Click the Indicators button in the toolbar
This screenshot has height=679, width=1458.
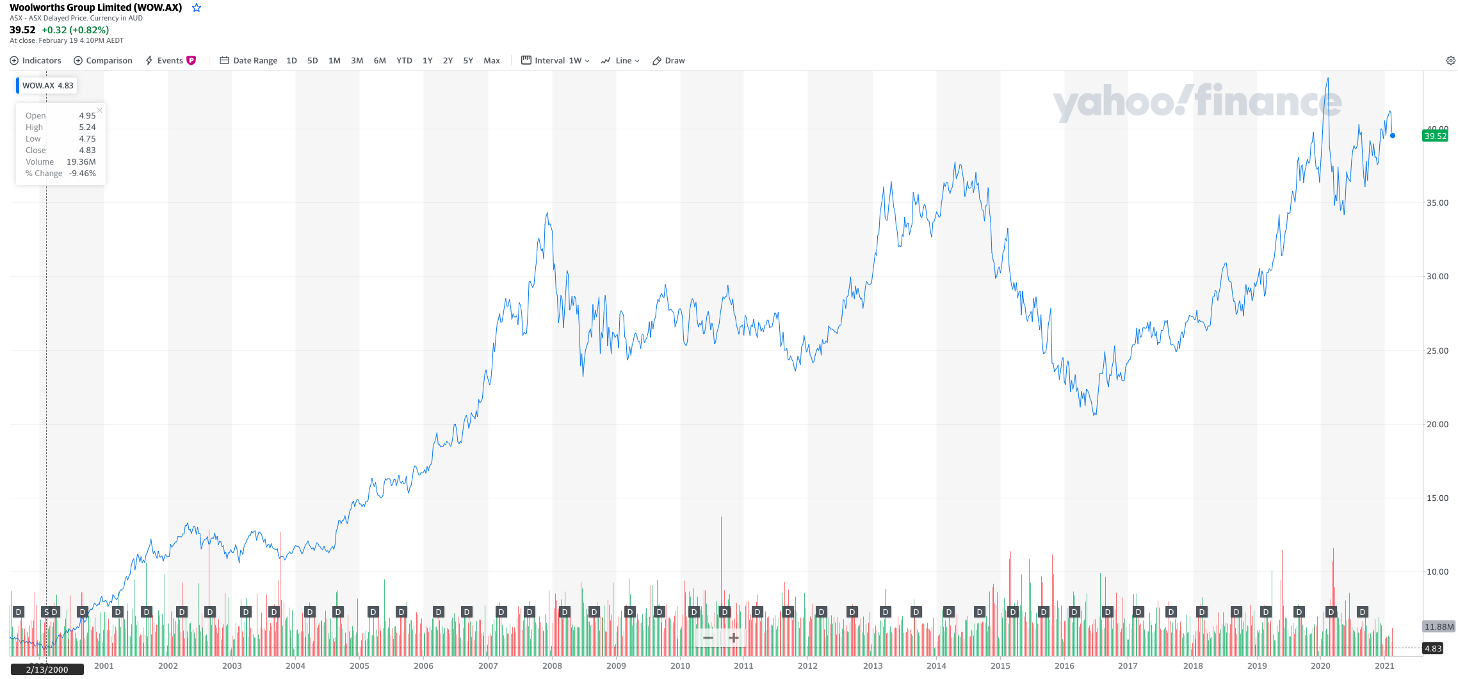coord(36,61)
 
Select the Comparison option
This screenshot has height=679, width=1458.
coord(103,61)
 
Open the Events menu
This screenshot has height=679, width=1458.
coord(170,61)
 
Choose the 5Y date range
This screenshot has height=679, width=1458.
coord(468,61)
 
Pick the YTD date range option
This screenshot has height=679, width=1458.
coord(404,61)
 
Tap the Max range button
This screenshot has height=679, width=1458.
coord(492,61)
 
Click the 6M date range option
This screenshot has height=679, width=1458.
coord(380,61)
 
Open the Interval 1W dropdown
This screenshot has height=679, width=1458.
coord(556,61)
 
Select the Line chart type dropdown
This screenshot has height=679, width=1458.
coord(620,61)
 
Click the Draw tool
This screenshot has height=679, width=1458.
coord(668,61)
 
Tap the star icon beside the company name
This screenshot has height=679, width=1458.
coord(197,8)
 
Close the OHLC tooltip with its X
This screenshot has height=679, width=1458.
coord(100,110)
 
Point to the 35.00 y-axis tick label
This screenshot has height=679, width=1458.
coord(1437,203)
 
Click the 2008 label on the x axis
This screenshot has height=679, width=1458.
coord(552,666)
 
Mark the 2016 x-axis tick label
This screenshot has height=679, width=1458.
coord(1064,666)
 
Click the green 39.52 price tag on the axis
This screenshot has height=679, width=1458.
coord(1435,136)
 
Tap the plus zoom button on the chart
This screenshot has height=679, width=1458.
coord(734,637)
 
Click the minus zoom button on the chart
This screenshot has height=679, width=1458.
coord(708,637)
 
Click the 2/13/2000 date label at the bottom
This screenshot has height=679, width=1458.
coord(47,670)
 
